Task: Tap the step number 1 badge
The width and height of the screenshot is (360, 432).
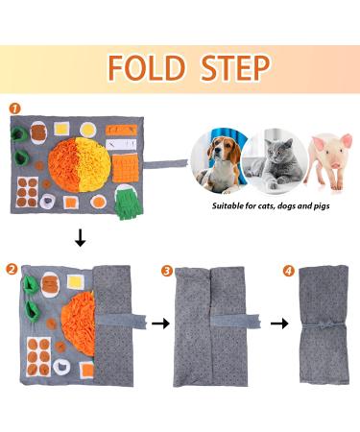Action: pyautogui.click(x=12, y=110)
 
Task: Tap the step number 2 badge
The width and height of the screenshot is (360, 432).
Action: pyautogui.click(x=12, y=273)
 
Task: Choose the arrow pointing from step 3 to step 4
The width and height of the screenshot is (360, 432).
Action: pyautogui.click(x=279, y=324)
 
